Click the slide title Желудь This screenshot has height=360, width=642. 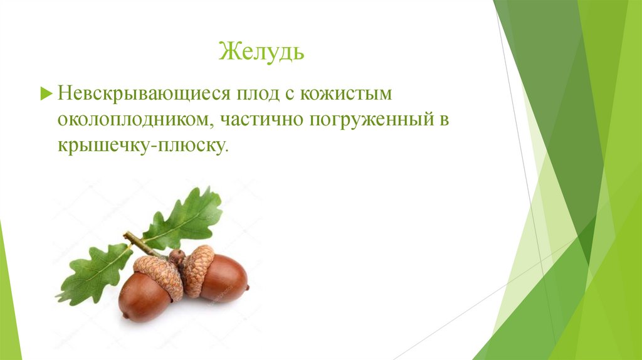261,51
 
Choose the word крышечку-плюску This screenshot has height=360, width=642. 140,146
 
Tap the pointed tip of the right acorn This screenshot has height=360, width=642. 247,288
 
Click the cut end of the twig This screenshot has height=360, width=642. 126,236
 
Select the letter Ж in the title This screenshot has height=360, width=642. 226,51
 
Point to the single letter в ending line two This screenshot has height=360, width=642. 444,121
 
